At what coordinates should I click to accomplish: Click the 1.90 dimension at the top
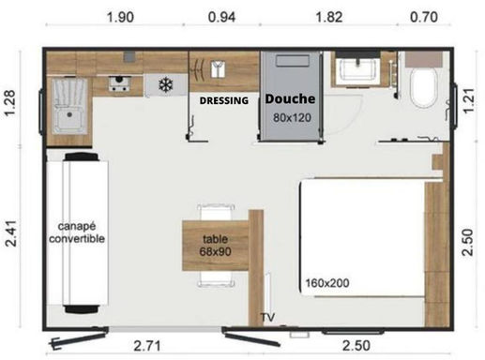(120, 17)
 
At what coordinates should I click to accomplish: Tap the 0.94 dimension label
(221, 17)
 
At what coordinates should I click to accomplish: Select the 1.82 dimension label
(329, 17)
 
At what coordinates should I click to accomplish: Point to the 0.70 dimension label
(424, 17)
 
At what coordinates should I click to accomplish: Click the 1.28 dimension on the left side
(9, 103)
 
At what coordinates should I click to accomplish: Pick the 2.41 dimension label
(10, 233)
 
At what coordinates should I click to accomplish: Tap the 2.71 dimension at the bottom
(147, 346)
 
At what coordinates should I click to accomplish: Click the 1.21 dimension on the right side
(468, 101)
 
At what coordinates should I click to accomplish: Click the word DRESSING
(224, 100)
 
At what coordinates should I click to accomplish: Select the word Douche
(290, 98)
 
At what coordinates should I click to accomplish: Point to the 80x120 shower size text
(292, 118)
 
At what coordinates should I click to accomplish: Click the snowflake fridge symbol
(166, 84)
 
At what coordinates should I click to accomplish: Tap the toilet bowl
(423, 88)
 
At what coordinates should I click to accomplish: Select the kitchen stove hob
(119, 83)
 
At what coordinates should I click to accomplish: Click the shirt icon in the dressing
(218, 69)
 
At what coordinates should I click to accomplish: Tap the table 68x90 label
(216, 246)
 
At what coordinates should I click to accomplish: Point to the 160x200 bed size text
(327, 283)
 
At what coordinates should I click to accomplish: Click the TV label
(268, 317)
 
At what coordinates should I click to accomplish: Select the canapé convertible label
(77, 232)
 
